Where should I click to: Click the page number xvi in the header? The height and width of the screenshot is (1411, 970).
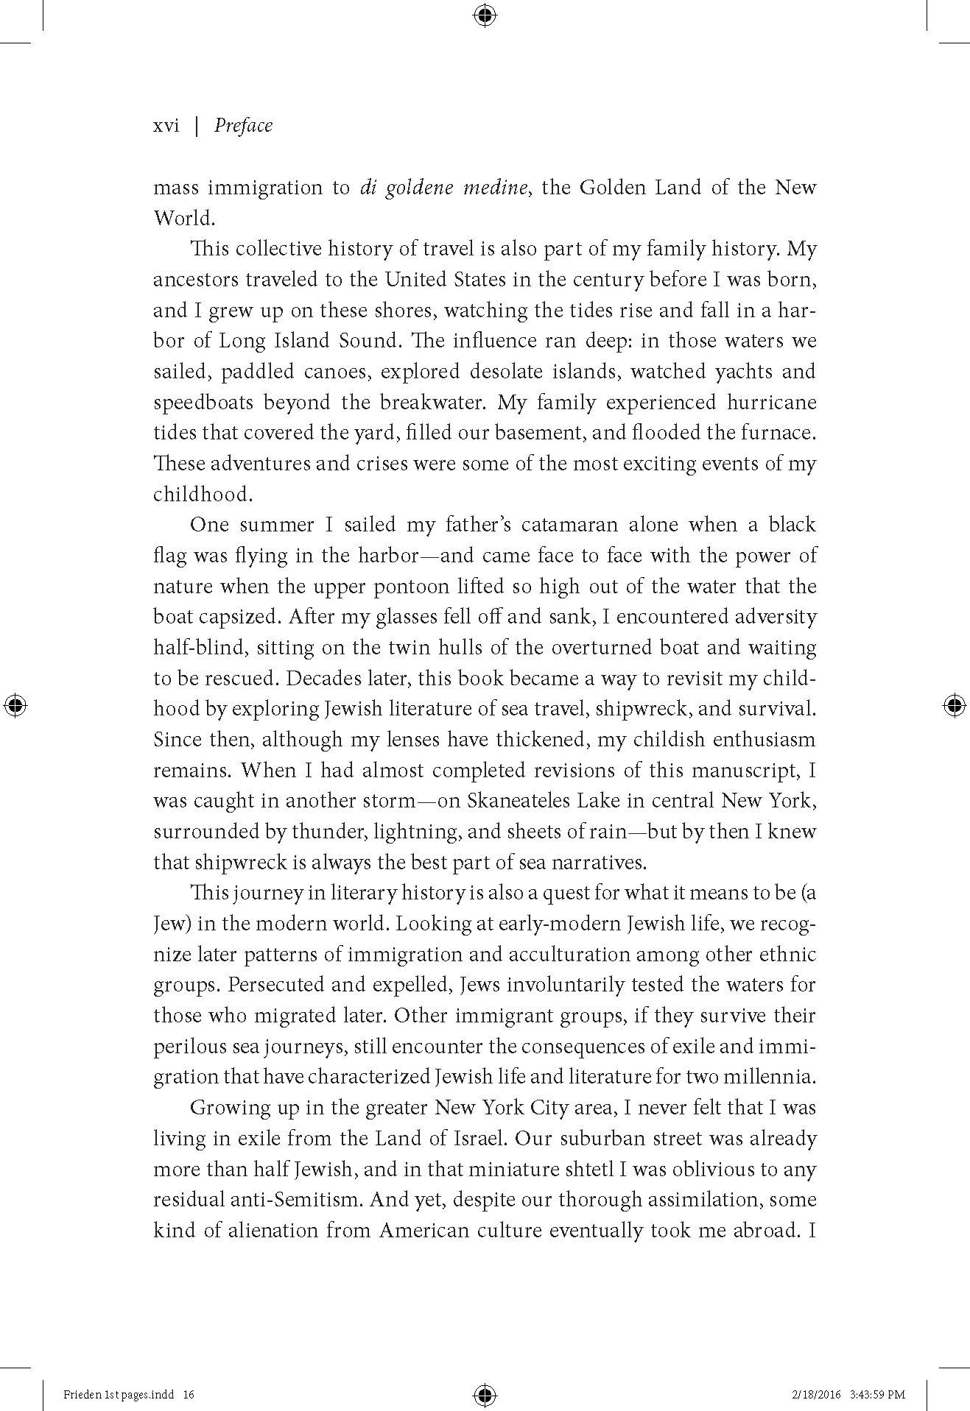[166, 126]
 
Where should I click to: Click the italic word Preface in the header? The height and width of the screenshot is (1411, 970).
[243, 126]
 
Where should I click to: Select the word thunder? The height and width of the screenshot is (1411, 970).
[328, 832]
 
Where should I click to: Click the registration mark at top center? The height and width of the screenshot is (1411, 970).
[485, 15]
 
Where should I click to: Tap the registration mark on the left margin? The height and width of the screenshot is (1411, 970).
[15, 705]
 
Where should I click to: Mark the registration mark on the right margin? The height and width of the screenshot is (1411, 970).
[954, 705]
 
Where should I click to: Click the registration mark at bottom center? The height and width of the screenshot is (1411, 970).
[485, 1394]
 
